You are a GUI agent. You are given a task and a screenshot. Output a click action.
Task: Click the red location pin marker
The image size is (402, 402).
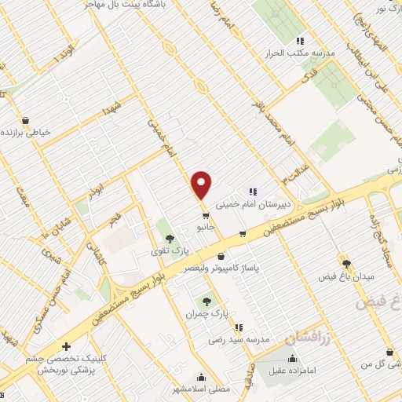202,185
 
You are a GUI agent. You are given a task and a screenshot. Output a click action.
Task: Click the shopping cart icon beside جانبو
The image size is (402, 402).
206,214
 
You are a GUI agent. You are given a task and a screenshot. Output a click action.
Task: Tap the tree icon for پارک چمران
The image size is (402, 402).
207,301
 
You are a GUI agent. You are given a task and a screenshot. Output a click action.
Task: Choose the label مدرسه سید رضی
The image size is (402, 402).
239,341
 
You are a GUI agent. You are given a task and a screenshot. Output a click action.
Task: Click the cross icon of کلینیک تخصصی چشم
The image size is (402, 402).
66,346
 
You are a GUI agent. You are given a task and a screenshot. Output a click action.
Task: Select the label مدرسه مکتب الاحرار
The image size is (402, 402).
299,54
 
